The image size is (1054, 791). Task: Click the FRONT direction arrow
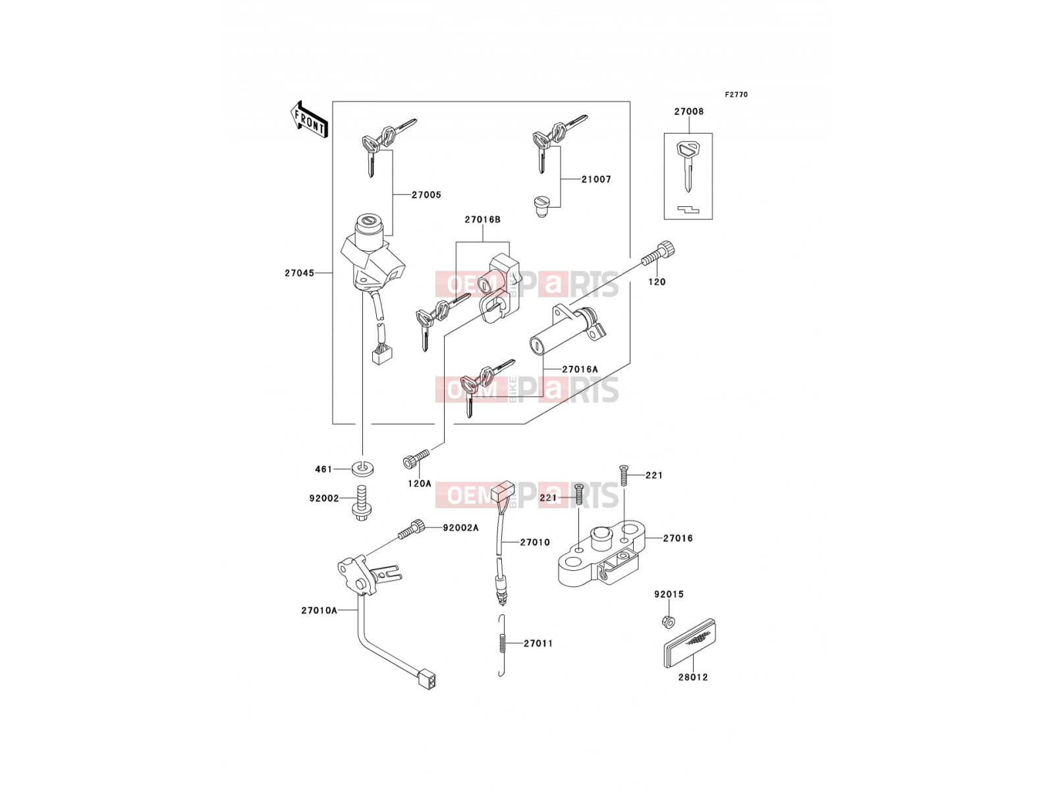(309, 120)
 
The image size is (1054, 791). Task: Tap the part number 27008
(688, 111)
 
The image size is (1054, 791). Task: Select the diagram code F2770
(736, 95)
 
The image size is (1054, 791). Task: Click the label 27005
(426, 194)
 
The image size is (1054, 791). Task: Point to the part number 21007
(596, 179)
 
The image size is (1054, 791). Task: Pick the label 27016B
(482, 220)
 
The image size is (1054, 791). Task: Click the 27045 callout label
(299, 273)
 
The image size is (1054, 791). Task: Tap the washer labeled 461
(362, 469)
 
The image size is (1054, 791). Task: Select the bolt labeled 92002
(362, 504)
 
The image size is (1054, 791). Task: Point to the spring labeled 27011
(502, 645)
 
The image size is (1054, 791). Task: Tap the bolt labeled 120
(659, 254)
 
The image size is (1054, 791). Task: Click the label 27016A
(580, 369)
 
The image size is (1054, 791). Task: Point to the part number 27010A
(319, 610)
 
